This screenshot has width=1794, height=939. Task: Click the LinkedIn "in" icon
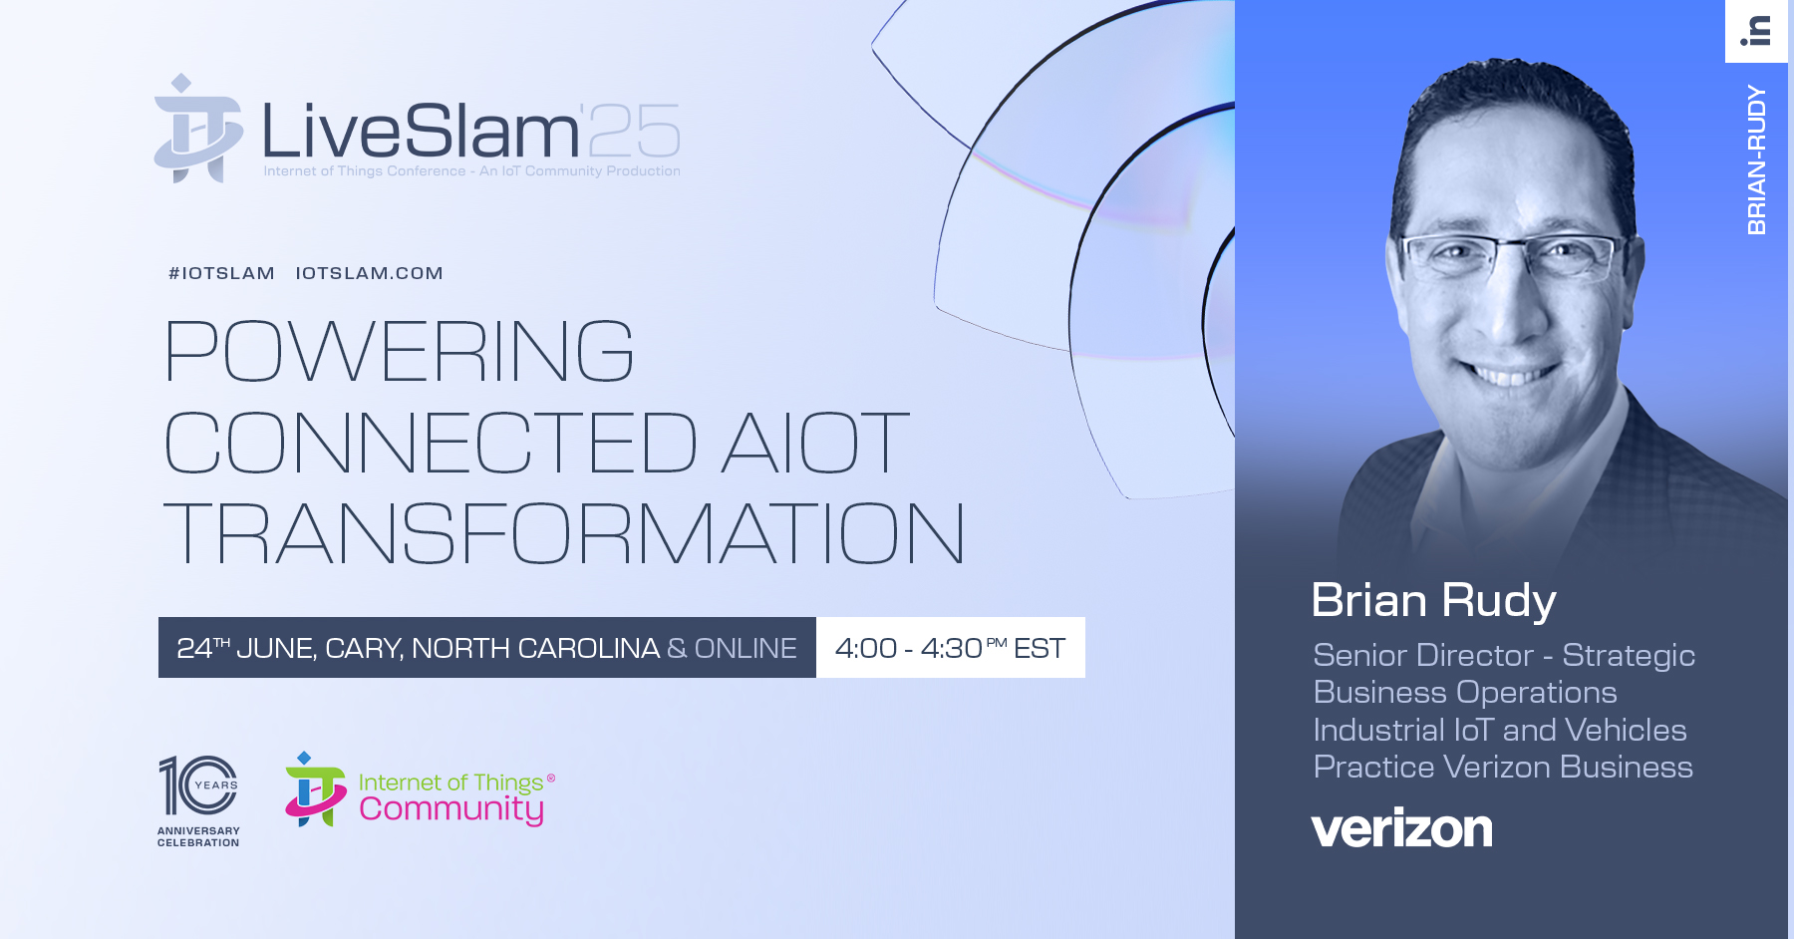coord(1756,31)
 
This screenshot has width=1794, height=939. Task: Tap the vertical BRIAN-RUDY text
coord(1756,159)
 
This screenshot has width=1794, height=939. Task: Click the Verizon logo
coord(1401,828)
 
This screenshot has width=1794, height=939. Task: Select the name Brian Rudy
coord(1433,600)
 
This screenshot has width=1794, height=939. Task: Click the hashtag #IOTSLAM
coord(221,273)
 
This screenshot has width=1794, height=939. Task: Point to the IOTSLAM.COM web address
coord(369,273)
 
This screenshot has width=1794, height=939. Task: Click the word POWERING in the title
coord(399,351)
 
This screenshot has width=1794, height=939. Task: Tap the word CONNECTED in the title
coord(431,443)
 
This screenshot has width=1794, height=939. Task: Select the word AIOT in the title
coord(815,443)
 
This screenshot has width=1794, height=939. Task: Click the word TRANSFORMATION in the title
coord(564,533)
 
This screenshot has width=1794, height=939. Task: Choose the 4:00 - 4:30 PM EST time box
coord(951,648)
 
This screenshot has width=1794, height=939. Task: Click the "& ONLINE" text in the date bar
coord(732,648)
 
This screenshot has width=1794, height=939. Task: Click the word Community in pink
coord(451,808)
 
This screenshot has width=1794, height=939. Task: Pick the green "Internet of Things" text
coord(450,782)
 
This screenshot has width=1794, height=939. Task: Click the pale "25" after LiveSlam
coord(634,131)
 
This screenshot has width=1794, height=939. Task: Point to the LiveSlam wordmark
coord(421,131)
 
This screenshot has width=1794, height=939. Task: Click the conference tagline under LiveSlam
coord(471,171)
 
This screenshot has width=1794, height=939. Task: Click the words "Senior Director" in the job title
coord(1423,655)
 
